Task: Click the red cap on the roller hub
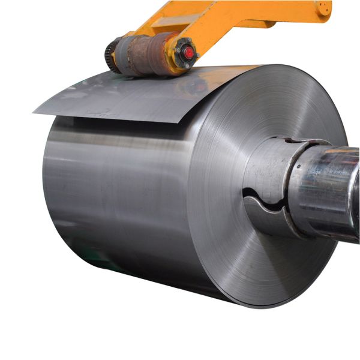[189, 53]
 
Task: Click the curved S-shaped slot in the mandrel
[264, 201]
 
